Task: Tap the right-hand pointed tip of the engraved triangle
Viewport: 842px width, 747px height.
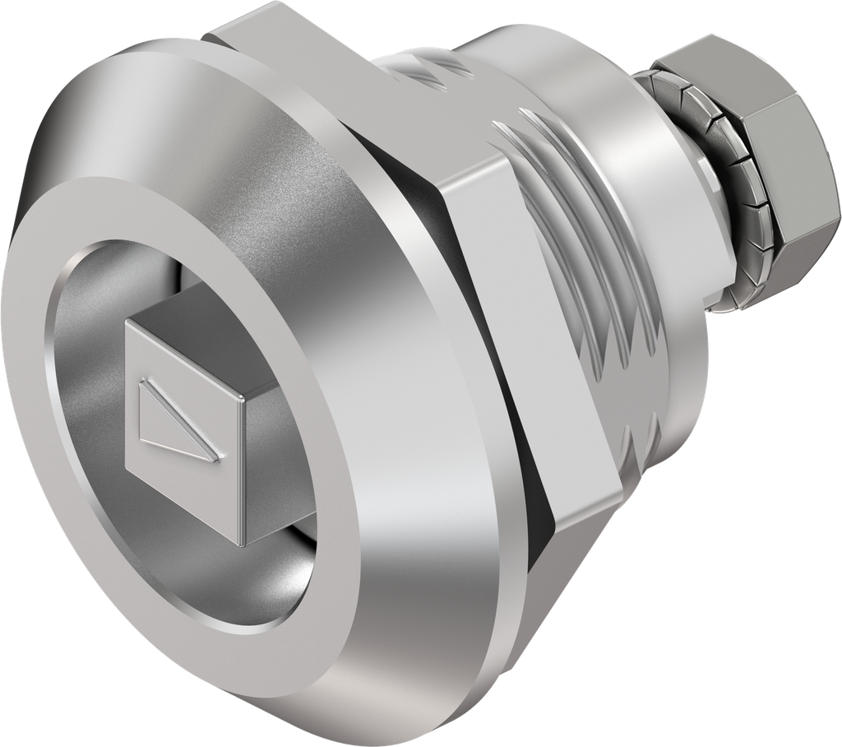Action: (220, 457)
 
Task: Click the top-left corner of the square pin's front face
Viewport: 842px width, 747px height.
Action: (126, 320)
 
